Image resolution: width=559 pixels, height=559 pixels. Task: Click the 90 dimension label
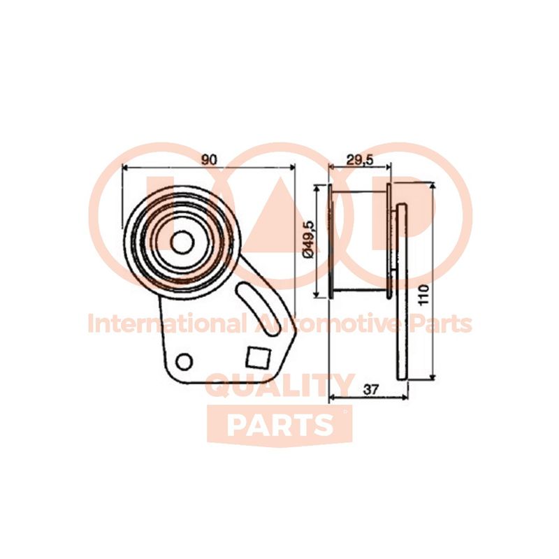coord(209,160)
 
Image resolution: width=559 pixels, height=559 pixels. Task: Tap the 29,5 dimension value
coord(360,160)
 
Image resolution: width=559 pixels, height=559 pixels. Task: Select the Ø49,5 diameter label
coord(308,240)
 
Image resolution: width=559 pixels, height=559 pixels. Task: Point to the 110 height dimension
coord(423,294)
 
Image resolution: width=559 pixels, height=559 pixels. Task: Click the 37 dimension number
coord(370,390)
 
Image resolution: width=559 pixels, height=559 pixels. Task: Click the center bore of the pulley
coord(182,242)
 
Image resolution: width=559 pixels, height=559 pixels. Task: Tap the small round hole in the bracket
coord(184,361)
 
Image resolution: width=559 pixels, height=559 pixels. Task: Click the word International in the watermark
coord(167,324)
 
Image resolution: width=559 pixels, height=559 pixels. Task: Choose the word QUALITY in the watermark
coord(281,385)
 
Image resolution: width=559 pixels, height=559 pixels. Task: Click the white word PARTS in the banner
coord(280,426)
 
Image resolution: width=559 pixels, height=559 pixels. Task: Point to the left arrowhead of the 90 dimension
coord(125,166)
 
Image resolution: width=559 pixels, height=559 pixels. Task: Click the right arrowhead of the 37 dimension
coord(405,397)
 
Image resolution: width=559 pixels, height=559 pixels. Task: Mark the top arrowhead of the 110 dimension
coord(433,185)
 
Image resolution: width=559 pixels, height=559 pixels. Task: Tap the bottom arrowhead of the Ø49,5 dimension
coord(317,293)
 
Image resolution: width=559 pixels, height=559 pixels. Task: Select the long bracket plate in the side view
coord(402,291)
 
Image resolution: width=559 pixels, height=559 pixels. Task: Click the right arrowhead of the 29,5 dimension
coord(388,166)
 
